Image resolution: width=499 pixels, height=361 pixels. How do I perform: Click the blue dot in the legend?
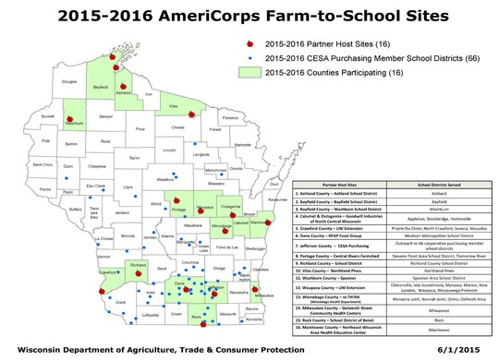coord(251,56)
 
